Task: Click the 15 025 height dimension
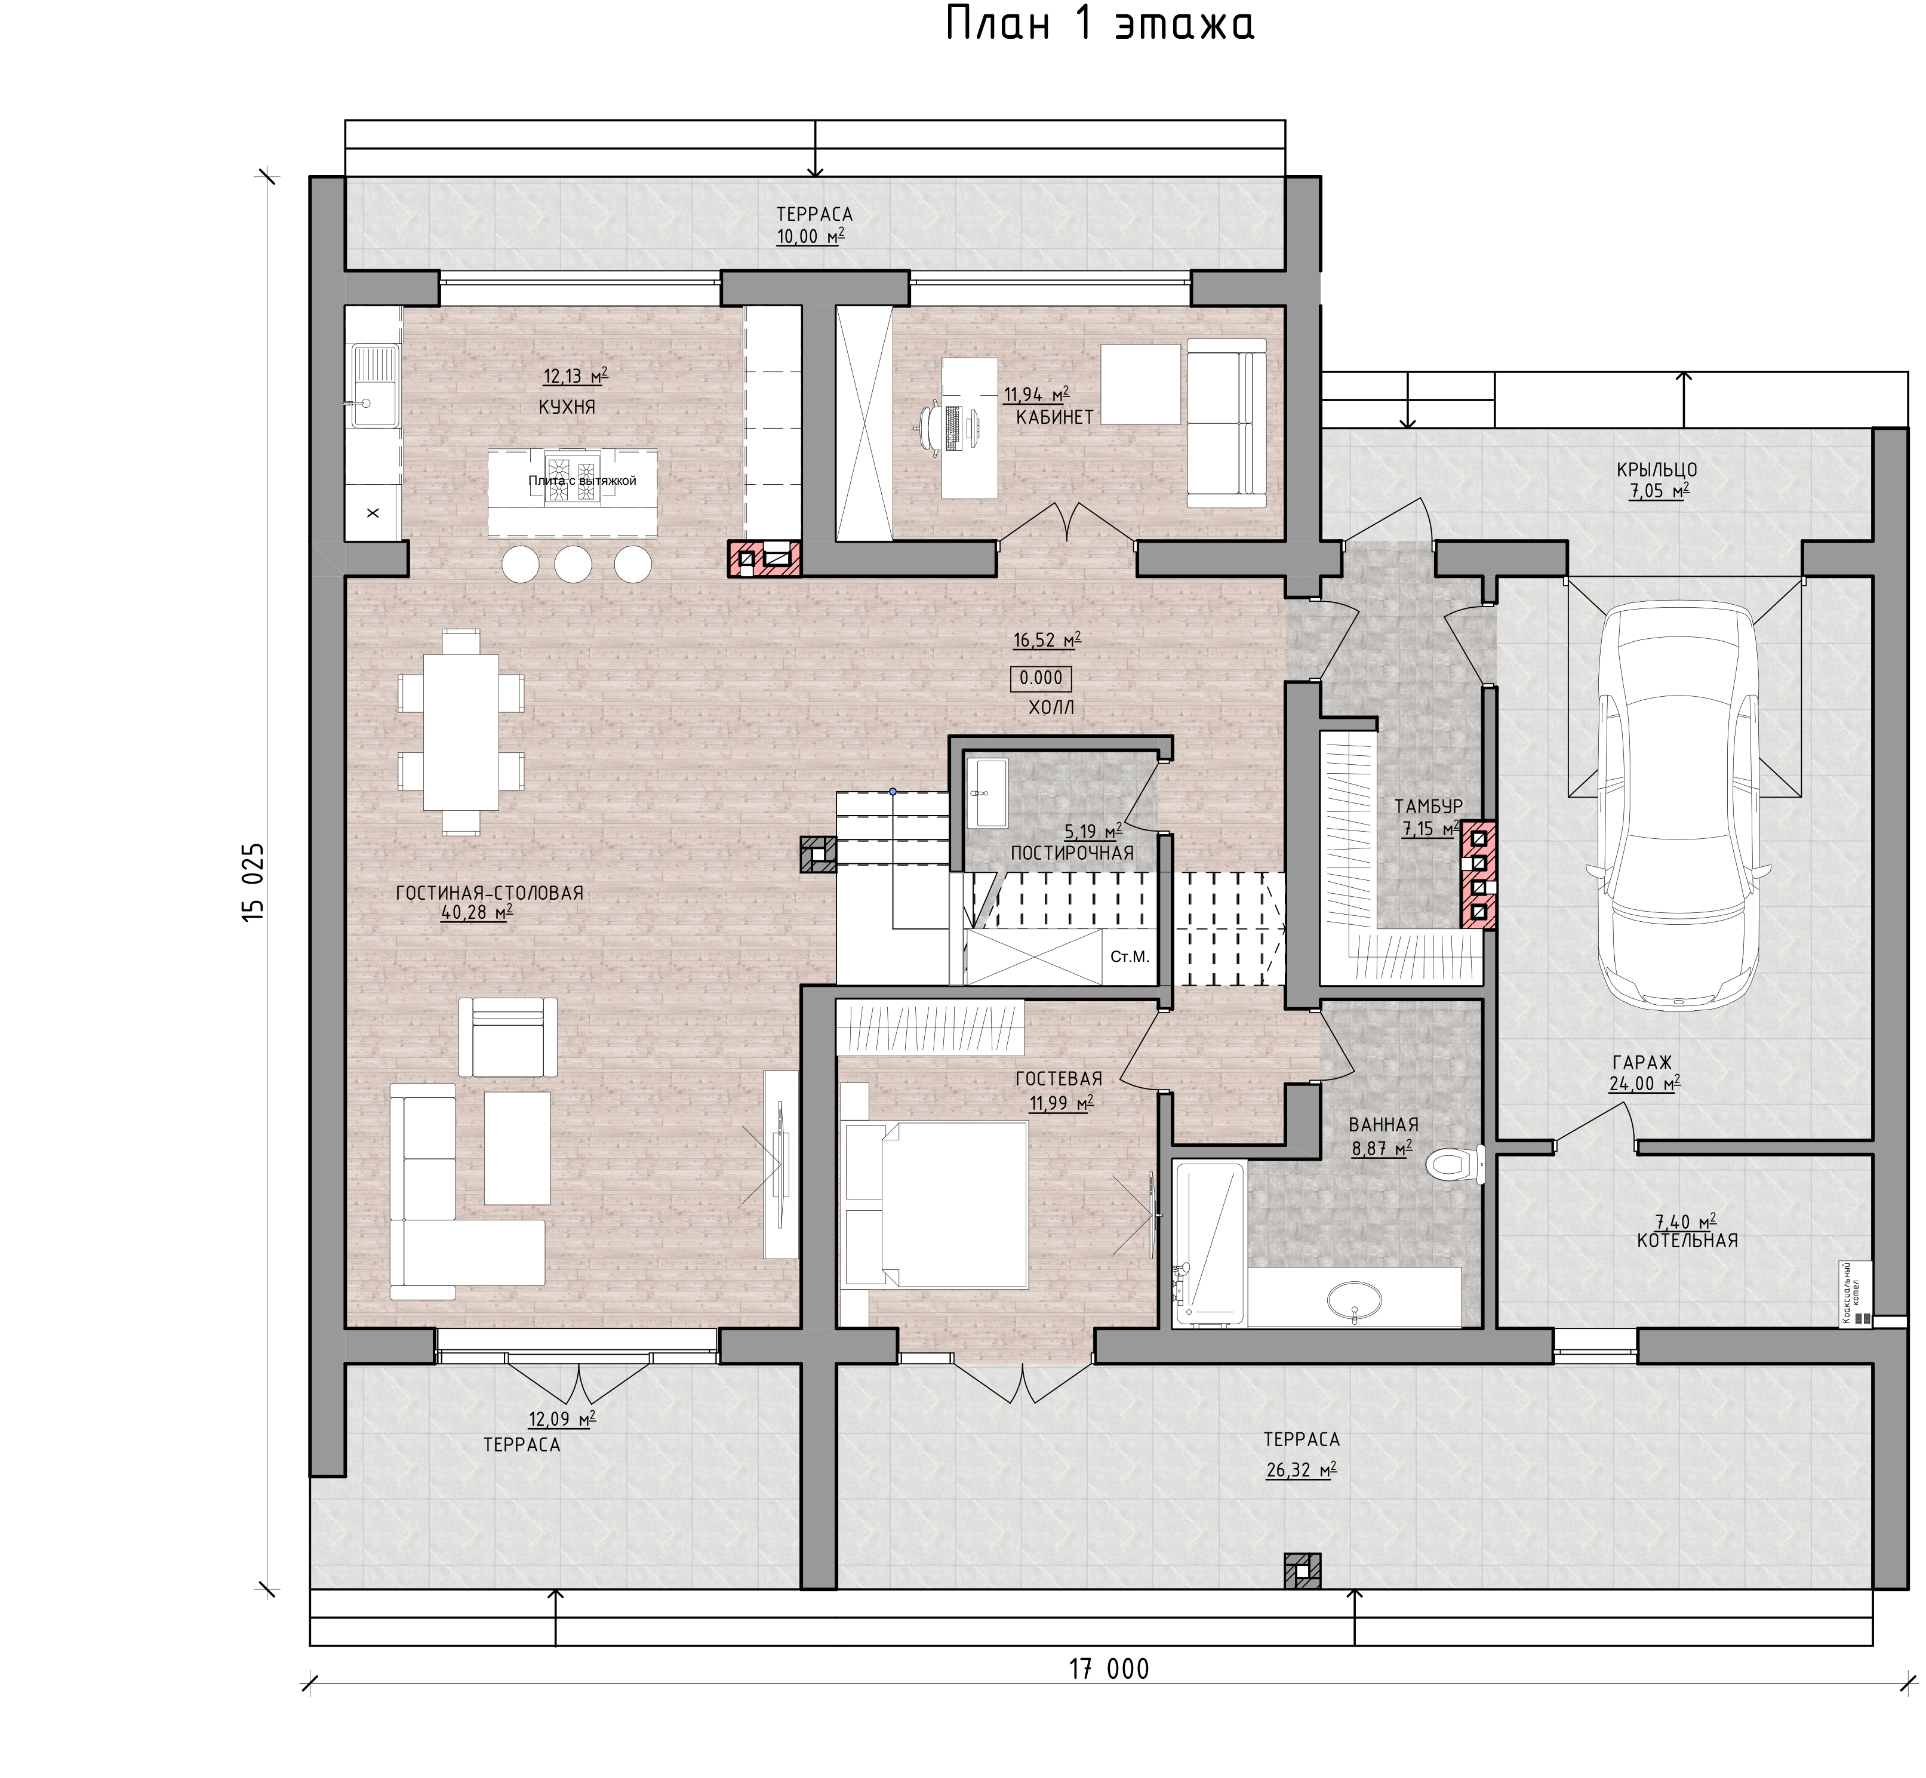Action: click(x=252, y=883)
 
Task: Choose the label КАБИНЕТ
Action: click(x=1054, y=417)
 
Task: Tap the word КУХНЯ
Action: click(x=567, y=407)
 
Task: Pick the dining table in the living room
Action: click(x=461, y=731)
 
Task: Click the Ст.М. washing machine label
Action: click(x=1130, y=957)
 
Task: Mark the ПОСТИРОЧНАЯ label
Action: click(x=1072, y=853)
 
